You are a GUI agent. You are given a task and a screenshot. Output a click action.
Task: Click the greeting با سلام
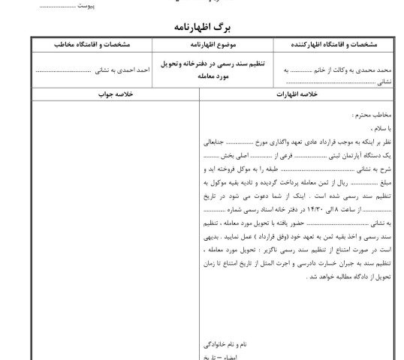click(381, 127)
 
